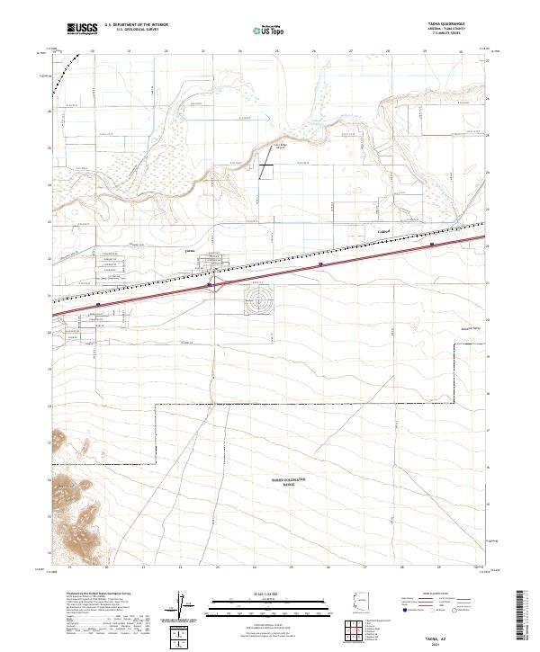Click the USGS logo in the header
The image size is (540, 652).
coord(82,29)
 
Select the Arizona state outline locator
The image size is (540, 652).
coord(359,605)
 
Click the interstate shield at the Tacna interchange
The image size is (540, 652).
coord(209,285)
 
